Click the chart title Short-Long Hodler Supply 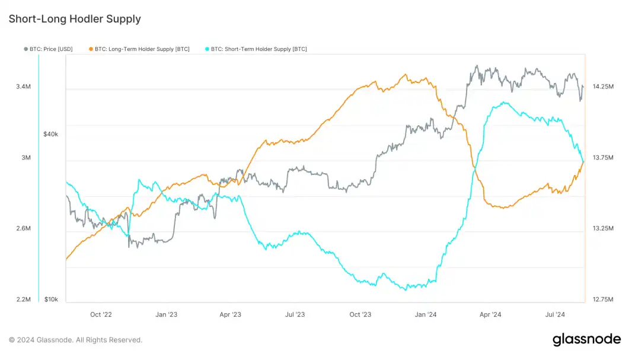75,19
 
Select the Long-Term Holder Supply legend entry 142,49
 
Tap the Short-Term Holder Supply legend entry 258,49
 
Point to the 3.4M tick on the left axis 23,87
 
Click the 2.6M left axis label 23,228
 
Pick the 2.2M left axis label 23,300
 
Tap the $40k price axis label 51,134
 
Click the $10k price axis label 51,300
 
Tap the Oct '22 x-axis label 101,314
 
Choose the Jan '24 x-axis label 426,314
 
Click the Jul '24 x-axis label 556,314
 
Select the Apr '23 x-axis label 231,314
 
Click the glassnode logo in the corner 586,340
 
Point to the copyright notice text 75,340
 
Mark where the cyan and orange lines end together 583,161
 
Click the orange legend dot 90,49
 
